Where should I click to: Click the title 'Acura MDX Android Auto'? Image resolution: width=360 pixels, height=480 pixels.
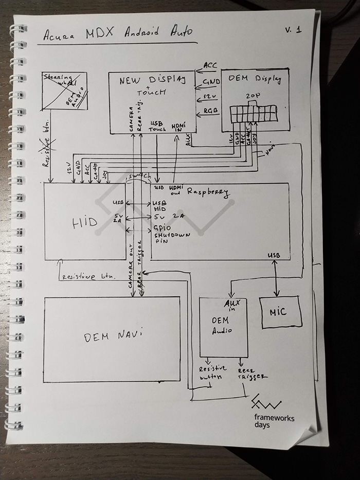click(118, 33)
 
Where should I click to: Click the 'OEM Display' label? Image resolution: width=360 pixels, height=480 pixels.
click(256, 79)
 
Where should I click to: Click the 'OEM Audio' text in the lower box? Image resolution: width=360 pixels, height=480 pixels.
click(222, 326)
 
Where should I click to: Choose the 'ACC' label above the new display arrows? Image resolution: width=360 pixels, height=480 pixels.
click(210, 65)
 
